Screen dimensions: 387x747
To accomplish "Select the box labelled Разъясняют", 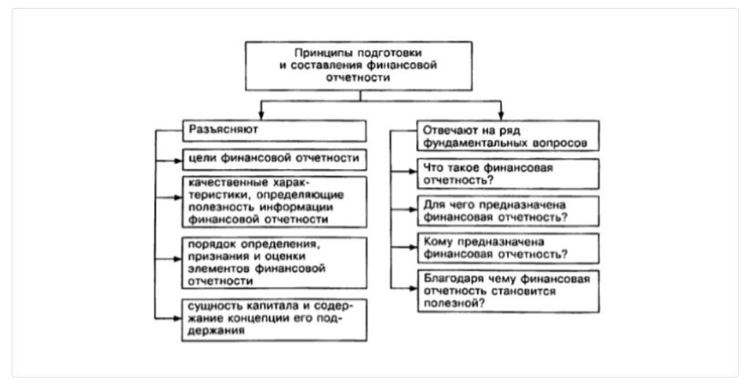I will click(x=273, y=130).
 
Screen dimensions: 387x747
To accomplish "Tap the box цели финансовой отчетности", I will click(x=273, y=158).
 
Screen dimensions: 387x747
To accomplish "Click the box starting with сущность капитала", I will click(x=273, y=319).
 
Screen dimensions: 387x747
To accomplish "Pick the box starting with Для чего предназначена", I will click(x=508, y=211).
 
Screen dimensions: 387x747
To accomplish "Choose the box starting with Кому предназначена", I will click(x=508, y=248).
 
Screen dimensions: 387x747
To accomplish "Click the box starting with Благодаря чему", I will click(x=508, y=290).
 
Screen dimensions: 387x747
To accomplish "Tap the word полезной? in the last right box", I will click(x=447, y=304).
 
